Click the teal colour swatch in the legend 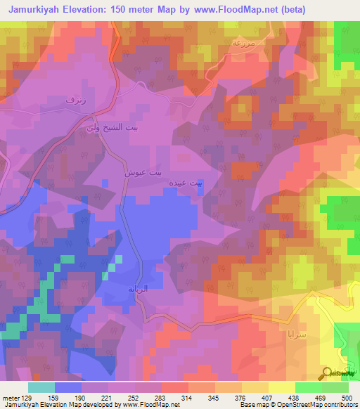pos(41,387)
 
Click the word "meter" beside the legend pos(11,398)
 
